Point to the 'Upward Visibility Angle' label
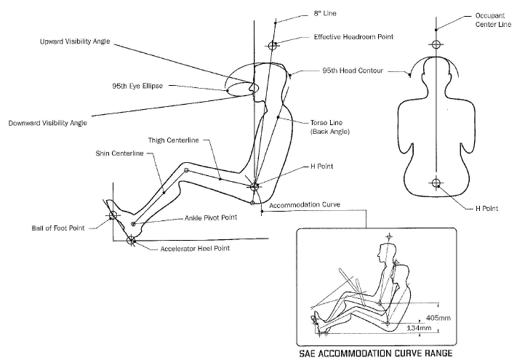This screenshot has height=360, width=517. click(x=75, y=42)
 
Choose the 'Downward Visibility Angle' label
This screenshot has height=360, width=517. click(x=48, y=123)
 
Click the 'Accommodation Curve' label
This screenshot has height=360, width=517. click(x=305, y=205)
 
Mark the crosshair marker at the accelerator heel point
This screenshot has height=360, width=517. click(x=132, y=240)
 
